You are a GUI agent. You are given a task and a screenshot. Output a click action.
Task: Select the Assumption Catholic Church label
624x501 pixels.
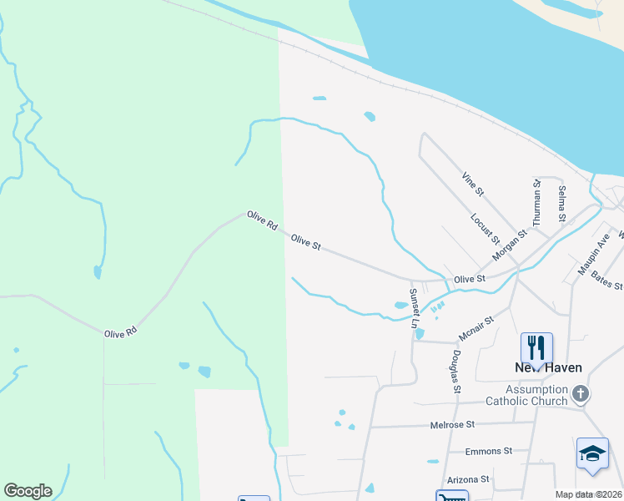click(x=536, y=395)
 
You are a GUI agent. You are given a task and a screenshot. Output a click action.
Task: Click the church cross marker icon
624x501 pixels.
click(x=582, y=392)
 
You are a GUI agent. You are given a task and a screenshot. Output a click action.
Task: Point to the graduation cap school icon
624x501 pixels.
click(x=592, y=453)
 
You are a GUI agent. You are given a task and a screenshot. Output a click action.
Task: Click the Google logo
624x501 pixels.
click(x=28, y=491)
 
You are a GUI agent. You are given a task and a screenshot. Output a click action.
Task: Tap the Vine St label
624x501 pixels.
click(x=473, y=185)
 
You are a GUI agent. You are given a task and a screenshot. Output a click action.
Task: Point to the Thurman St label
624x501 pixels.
click(x=538, y=204)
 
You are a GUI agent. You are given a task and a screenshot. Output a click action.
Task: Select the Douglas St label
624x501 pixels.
click(x=456, y=371)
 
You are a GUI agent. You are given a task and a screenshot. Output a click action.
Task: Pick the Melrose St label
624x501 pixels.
click(x=453, y=425)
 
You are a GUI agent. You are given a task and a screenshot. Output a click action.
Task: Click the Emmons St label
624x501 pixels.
click(x=488, y=451)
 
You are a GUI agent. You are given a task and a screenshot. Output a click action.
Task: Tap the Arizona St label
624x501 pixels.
click(x=467, y=479)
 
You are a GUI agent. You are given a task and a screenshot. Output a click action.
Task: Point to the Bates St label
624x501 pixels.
click(x=606, y=279)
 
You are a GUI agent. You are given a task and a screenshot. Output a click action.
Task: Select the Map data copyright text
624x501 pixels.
click(x=587, y=494)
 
